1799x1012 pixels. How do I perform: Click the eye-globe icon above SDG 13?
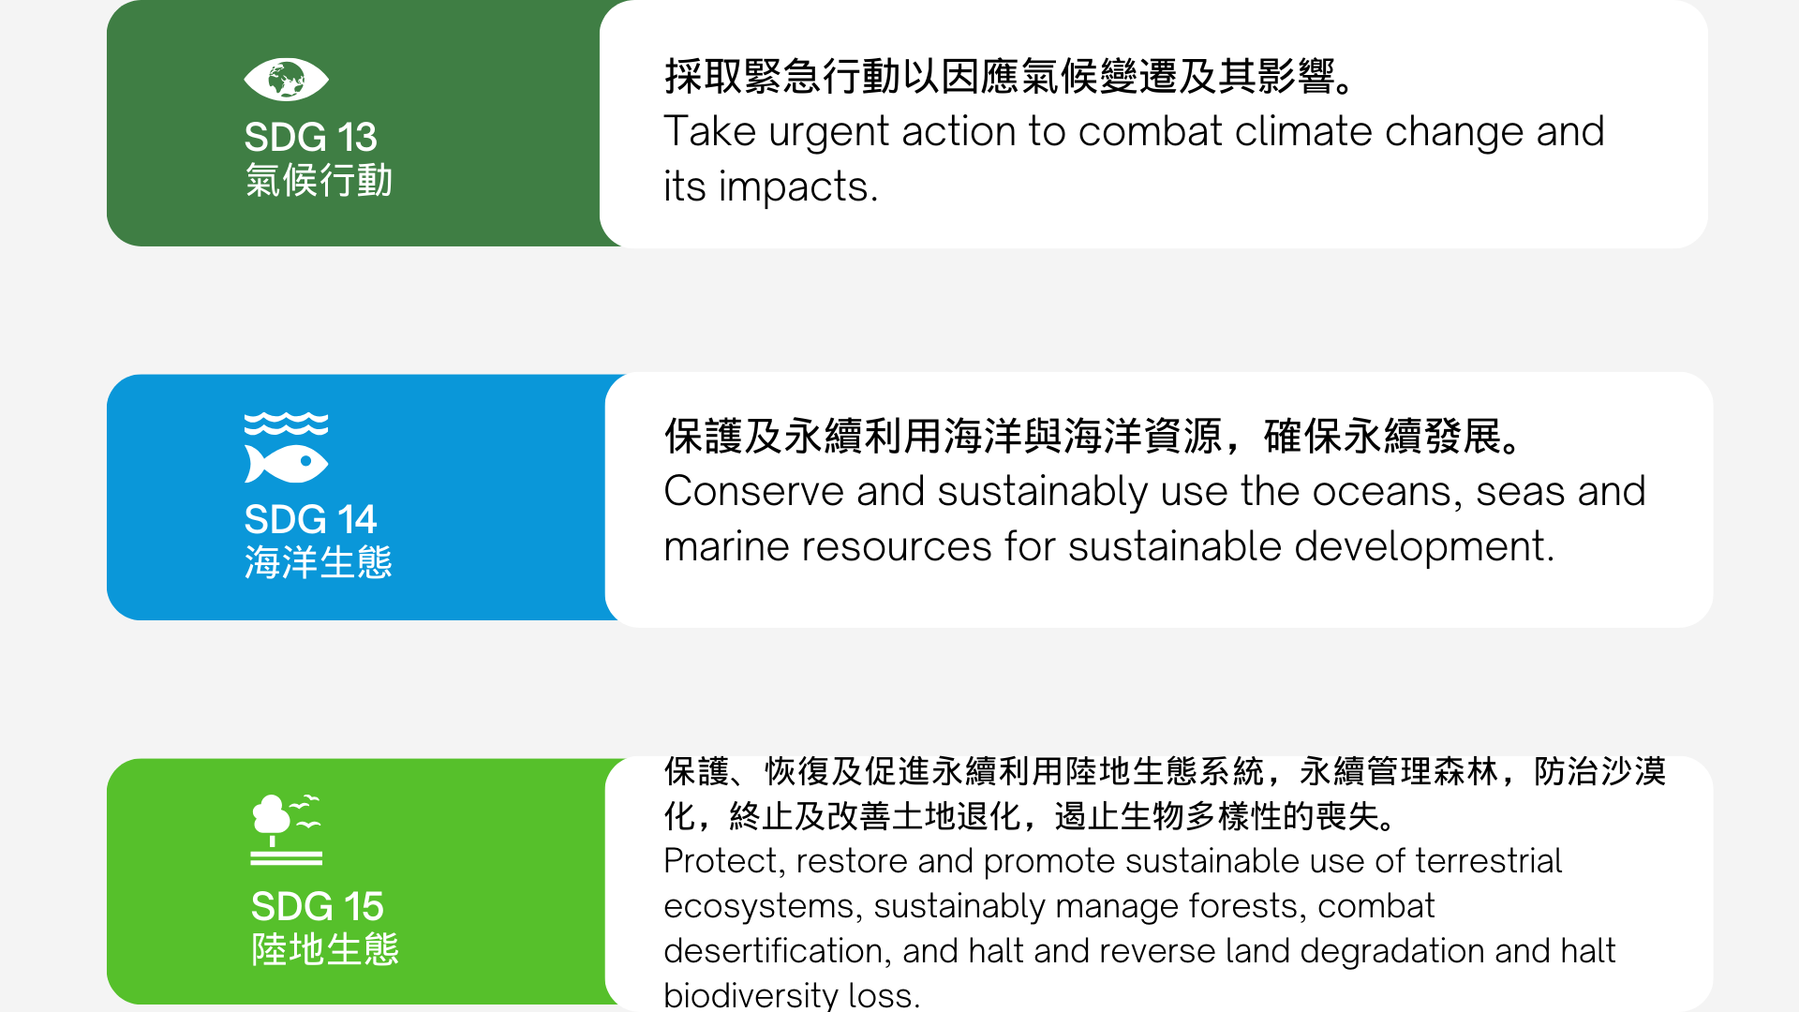coord(286,80)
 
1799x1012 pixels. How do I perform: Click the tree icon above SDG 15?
coord(286,829)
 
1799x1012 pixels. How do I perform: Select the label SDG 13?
coord(310,137)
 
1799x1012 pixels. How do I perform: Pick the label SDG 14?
coord(310,519)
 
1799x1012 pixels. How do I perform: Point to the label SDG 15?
coord(317,906)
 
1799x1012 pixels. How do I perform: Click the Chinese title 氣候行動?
coord(319,180)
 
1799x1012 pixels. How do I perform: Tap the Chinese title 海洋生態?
coord(319,562)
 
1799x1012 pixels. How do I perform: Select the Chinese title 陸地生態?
coord(325,949)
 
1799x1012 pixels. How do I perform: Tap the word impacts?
coord(798,187)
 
